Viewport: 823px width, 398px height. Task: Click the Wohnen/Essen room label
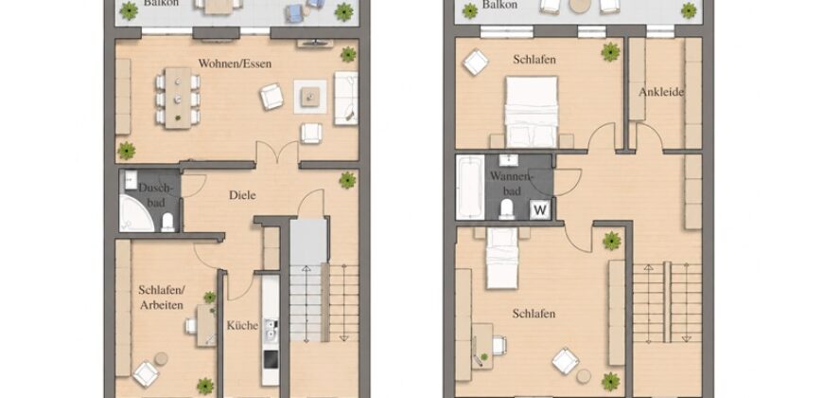(x=236, y=63)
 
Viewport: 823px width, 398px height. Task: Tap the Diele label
(x=242, y=195)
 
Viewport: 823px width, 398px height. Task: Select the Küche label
(x=242, y=325)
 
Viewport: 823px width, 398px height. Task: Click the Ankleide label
(x=661, y=92)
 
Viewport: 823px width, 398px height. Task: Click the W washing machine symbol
(x=540, y=210)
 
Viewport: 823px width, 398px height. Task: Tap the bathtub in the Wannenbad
(x=470, y=187)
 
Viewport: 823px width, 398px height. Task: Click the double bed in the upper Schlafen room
(x=532, y=112)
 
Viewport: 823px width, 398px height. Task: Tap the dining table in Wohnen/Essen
(x=178, y=98)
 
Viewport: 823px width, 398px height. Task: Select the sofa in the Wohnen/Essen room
(x=346, y=98)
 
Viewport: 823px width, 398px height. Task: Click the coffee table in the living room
(x=310, y=97)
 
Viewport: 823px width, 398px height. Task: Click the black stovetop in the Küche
(x=271, y=360)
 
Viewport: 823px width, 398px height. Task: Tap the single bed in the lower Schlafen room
(x=502, y=258)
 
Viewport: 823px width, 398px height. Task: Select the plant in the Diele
(x=347, y=180)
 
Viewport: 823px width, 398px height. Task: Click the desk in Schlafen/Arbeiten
(x=206, y=325)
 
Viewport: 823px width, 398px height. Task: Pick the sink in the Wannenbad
(x=508, y=160)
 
